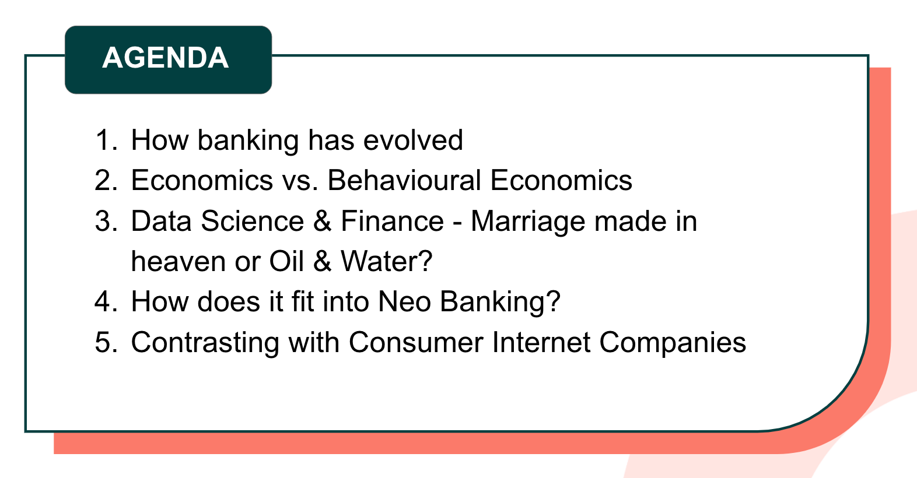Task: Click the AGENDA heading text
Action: click(x=166, y=58)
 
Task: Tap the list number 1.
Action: click(x=106, y=140)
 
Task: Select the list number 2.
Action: click(x=106, y=180)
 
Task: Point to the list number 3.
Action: click(x=106, y=221)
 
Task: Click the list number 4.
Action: click(x=106, y=301)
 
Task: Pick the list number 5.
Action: click(x=106, y=342)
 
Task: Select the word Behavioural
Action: click(x=404, y=180)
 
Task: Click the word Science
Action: click(x=252, y=221)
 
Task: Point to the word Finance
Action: click(x=392, y=221)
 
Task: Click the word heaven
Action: click(x=178, y=262)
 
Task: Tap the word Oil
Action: click(x=286, y=261)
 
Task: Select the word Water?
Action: click(x=386, y=261)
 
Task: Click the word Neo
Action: click(x=404, y=301)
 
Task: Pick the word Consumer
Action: click(x=415, y=342)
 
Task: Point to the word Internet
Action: click(x=541, y=342)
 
